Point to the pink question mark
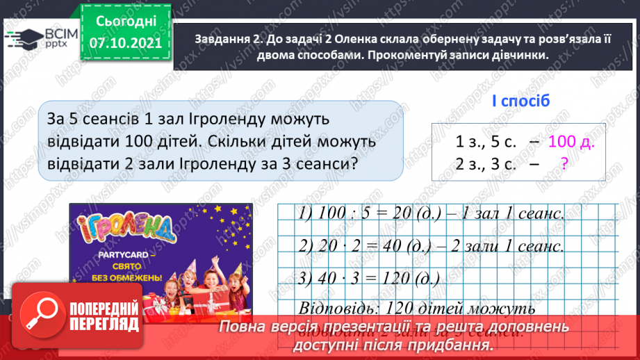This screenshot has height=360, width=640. click(x=564, y=164)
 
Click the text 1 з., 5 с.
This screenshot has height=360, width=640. click(x=486, y=142)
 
